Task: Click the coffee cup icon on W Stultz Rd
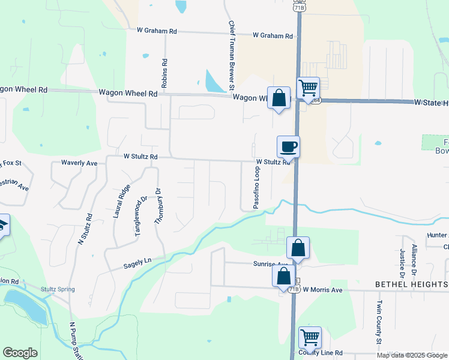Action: coord(288,146)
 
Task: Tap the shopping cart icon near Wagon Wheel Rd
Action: coord(308,88)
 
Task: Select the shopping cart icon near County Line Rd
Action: coord(310,337)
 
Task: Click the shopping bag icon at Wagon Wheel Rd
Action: coord(279,98)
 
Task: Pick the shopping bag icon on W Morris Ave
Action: coord(284,276)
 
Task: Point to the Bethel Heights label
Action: coord(411,284)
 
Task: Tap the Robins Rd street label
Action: coord(164,73)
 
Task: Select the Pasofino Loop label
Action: coord(256,188)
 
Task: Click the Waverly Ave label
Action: coord(79,163)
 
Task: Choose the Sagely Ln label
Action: coord(137,262)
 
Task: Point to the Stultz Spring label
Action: coord(58,289)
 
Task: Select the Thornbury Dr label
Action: coord(158,206)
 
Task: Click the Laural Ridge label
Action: coord(122,200)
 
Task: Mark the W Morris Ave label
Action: coord(322,290)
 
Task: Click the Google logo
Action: coord(20,353)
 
